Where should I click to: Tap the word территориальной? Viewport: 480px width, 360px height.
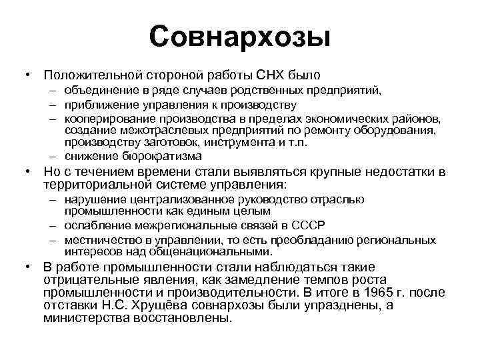pyautogui.click(x=97, y=185)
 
